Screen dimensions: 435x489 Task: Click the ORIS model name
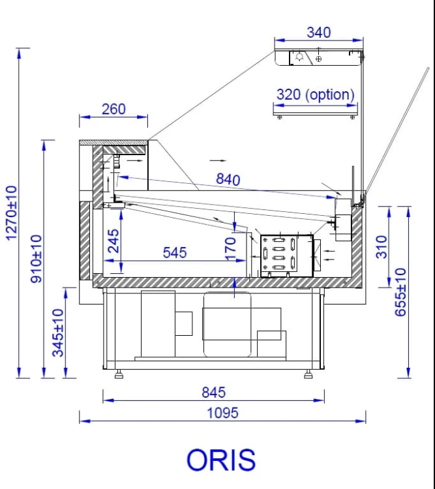[x=221, y=460]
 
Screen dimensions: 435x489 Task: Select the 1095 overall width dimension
[x=222, y=413]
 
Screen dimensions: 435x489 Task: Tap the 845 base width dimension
[x=213, y=393]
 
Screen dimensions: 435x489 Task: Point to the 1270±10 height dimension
[x=11, y=213]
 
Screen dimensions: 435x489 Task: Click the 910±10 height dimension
[x=37, y=259]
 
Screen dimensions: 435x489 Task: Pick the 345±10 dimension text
[x=58, y=333]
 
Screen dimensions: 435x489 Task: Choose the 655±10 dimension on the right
[x=400, y=292]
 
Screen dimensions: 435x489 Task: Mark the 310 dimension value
[x=382, y=247]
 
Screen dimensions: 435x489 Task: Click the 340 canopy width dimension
[x=319, y=33]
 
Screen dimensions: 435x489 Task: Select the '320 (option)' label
[x=316, y=95]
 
